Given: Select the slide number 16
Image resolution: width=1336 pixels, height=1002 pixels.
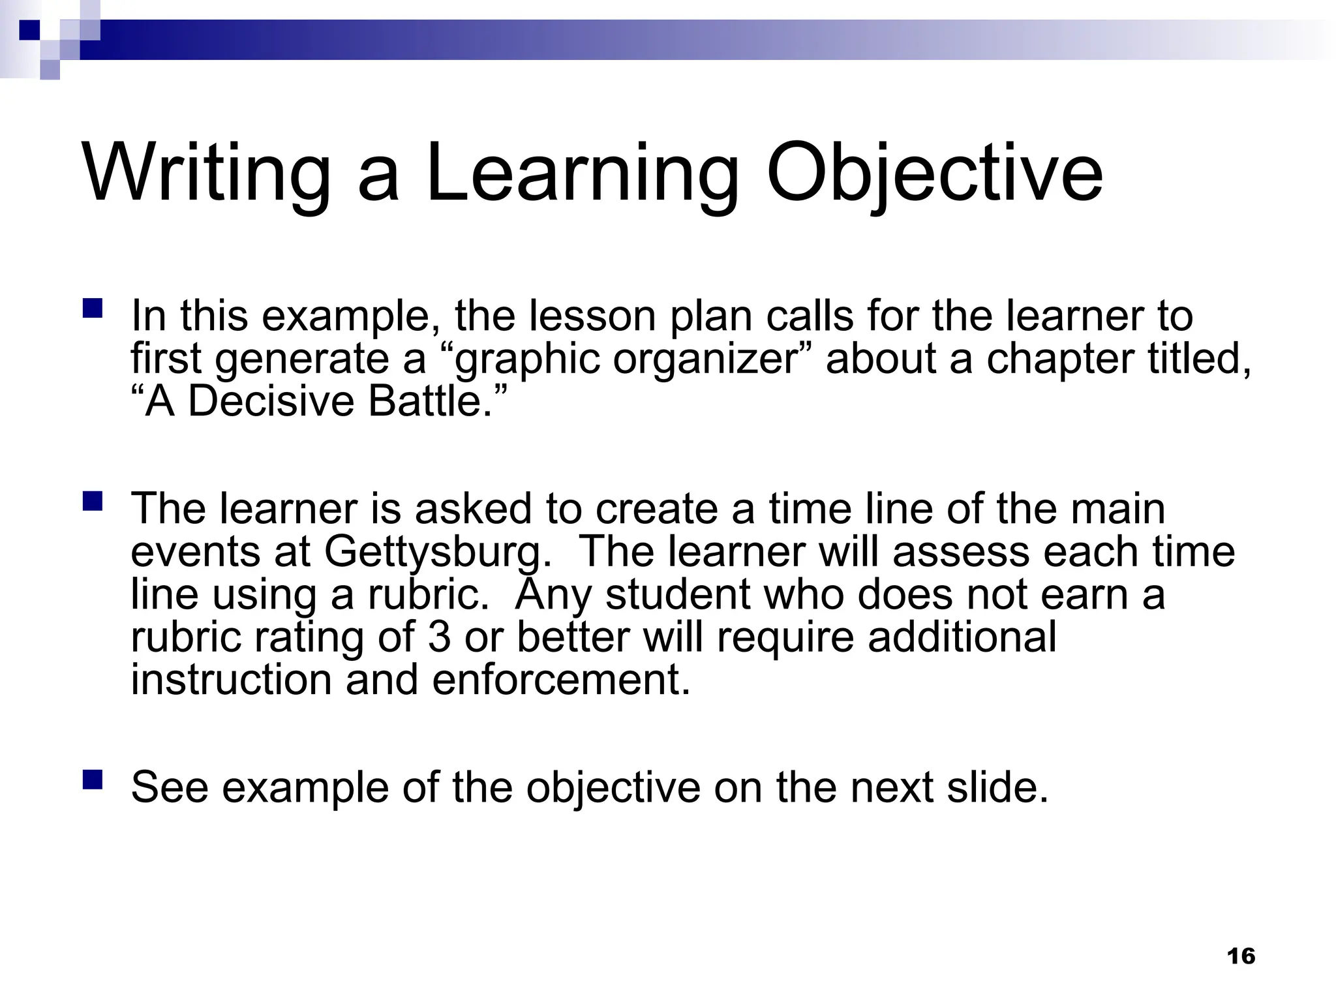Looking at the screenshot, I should pos(1241,956).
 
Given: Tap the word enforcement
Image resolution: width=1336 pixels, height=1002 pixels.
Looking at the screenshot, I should pos(560,680).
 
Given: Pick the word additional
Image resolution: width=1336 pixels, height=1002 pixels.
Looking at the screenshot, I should pos(962,637).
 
